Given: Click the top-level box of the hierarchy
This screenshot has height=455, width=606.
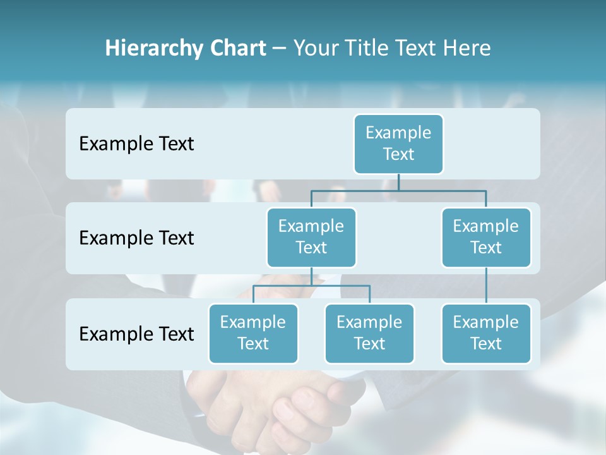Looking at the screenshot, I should [x=398, y=143].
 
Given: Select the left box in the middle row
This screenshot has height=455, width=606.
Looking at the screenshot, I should [x=311, y=237].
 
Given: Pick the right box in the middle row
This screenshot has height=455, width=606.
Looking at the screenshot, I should [x=486, y=237].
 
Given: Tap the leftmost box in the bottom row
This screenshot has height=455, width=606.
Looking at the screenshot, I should [x=253, y=333].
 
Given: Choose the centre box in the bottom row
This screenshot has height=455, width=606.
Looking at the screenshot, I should [x=369, y=333].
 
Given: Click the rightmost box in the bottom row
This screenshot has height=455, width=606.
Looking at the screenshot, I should [x=486, y=333].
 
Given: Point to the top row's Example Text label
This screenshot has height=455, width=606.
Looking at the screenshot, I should [x=136, y=144].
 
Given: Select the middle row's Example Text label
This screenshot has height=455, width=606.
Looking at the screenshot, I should [x=136, y=238].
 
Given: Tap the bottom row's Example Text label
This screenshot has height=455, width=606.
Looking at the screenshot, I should [x=136, y=334].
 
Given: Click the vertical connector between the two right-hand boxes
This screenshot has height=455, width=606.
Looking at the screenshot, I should [x=486, y=286].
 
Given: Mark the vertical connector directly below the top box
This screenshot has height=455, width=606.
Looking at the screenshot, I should [x=398, y=182].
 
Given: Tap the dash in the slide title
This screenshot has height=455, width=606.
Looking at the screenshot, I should [x=280, y=49].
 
